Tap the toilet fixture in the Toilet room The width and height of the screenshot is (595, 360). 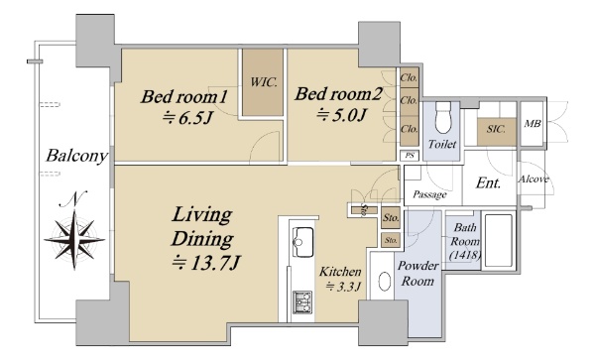point(442,117)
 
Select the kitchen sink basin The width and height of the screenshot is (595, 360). point(302,242)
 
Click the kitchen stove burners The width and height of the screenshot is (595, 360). point(302,302)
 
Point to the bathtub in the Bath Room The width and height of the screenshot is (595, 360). point(499,241)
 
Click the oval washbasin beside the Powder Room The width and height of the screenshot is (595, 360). point(385,282)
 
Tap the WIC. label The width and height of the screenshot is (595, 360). point(263,82)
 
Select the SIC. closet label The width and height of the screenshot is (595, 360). point(496,129)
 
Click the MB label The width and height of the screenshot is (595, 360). point(532,124)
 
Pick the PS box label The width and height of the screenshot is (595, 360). point(410,156)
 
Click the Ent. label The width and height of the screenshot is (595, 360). point(488,183)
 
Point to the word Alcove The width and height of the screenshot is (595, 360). point(534,180)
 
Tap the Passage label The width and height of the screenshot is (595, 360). point(429,194)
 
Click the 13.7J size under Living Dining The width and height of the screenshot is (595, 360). point(206,263)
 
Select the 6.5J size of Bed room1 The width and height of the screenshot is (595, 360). point(186,119)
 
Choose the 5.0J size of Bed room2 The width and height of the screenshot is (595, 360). point(341,115)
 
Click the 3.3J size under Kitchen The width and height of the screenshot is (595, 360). point(343,287)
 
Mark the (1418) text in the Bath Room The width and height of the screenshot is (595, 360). point(465,255)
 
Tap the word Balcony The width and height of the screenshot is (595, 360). point(76,156)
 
